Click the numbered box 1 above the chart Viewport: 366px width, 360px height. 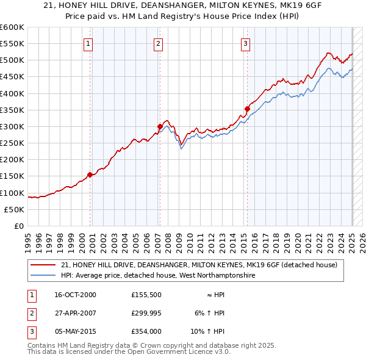point(89,43)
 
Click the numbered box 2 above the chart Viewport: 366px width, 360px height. point(158,43)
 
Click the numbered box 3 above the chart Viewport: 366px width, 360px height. point(245,43)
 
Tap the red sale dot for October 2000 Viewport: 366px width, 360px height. point(90,175)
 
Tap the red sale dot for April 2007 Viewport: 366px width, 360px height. point(160,127)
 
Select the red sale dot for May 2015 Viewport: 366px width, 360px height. point(247,109)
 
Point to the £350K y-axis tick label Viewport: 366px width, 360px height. point(12,110)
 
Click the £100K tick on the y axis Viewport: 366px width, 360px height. point(12,193)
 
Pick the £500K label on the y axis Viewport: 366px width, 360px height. point(12,60)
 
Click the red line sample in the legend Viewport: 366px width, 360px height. point(43,265)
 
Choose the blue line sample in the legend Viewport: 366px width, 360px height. point(43,276)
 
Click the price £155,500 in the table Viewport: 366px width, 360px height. point(146,295)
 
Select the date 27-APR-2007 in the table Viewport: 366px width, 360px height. point(76,313)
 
